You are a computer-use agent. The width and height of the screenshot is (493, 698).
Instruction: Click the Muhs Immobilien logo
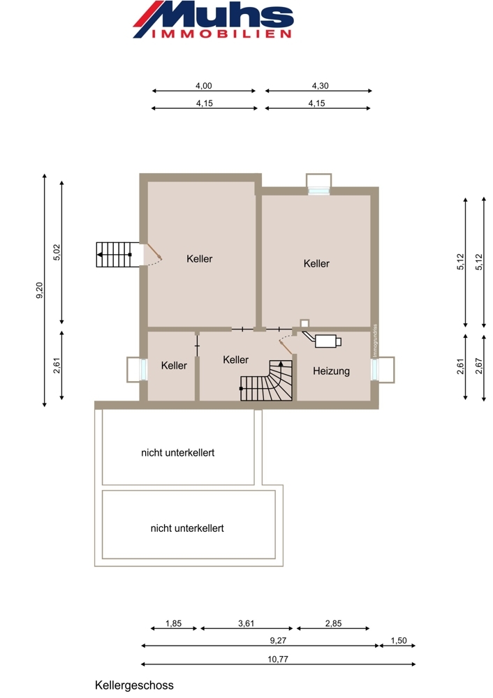(213, 20)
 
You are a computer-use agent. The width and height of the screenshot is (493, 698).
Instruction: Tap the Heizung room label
(331, 371)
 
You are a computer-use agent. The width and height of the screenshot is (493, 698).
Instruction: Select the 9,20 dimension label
(39, 290)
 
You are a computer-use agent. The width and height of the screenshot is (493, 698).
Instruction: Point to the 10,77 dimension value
(278, 660)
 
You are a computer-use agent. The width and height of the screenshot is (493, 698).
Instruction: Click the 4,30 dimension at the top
(321, 85)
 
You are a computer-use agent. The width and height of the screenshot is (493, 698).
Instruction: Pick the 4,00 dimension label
(203, 85)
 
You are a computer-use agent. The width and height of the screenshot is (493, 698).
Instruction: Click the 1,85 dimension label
(174, 623)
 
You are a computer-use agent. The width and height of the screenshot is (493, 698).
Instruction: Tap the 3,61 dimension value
(246, 623)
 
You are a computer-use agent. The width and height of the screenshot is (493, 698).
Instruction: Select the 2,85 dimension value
(333, 623)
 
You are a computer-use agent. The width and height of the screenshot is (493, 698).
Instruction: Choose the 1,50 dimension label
(399, 641)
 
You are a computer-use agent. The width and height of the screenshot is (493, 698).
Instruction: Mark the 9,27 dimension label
(278, 641)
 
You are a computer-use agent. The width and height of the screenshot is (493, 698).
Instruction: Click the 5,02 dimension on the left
(57, 253)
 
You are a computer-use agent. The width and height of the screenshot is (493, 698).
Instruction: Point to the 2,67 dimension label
(479, 366)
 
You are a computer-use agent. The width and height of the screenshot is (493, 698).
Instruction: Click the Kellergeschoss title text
(134, 685)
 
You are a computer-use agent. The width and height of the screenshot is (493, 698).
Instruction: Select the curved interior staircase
(267, 380)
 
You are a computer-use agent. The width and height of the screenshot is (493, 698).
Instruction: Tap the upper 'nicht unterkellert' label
(177, 453)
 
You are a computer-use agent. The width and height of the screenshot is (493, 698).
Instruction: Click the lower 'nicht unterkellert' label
(187, 528)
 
